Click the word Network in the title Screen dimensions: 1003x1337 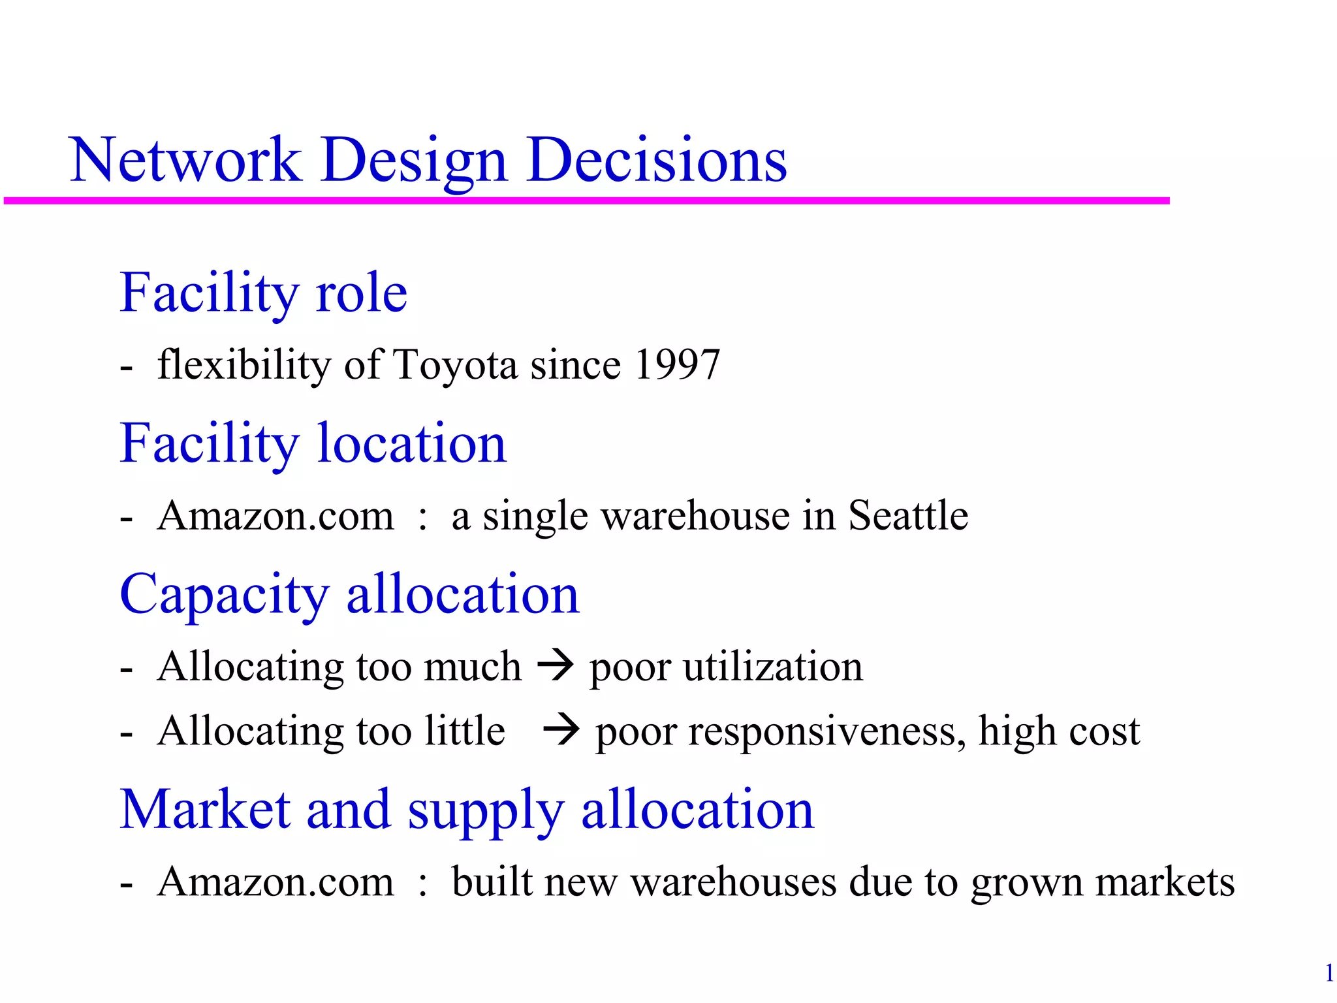point(185,160)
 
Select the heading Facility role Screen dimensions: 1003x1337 point(264,293)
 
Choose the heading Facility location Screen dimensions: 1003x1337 point(313,444)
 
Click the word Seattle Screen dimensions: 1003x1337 point(907,515)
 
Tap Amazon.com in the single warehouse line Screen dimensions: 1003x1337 point(275,515)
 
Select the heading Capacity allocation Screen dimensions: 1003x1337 point(350,595)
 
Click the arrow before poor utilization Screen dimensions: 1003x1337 point(556,666)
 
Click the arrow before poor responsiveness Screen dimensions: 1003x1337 point(561,730)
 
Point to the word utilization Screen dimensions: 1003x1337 point(773,667)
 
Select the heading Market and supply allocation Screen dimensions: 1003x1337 point(467,810)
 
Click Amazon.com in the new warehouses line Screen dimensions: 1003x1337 point(275,882)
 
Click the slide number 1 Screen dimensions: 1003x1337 point(1329,974)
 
